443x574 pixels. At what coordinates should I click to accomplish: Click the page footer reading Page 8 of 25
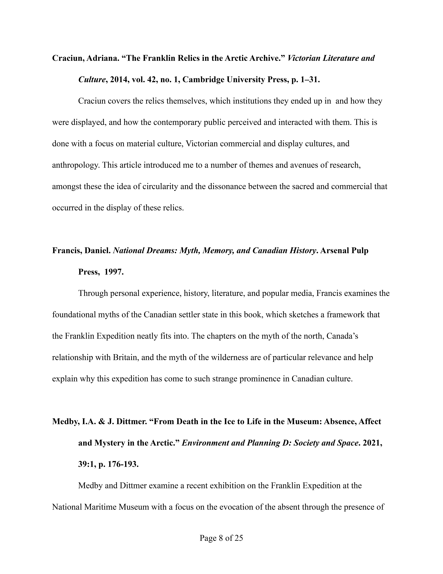(221, 538)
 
